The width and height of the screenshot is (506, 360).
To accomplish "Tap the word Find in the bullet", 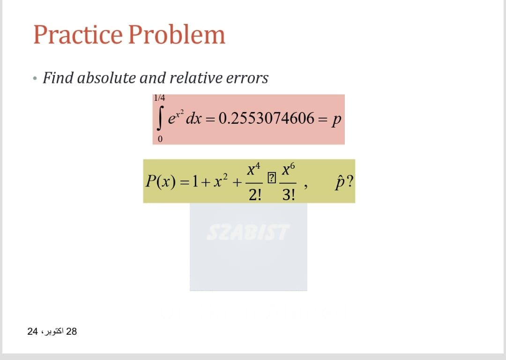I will (58, 78).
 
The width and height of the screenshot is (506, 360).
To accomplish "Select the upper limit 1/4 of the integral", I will (159, 98).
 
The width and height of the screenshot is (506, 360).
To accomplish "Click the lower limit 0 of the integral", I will (160, 139).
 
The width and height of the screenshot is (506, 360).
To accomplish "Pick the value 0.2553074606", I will (266, 119).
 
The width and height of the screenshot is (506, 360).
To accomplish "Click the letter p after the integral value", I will (337, 120).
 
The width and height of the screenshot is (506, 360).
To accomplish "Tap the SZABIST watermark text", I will (248, 231).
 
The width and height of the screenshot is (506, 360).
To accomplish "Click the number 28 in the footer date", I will (72, 332).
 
